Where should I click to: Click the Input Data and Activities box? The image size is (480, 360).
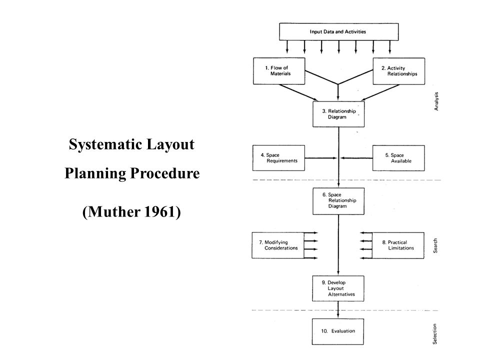coord(339,32)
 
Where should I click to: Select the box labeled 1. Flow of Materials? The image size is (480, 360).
coord(279,71)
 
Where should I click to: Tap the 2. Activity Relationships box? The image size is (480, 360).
coord(399,71)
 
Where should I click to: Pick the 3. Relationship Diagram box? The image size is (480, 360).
coord(338,114)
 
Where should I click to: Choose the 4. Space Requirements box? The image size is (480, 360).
coord(278,158)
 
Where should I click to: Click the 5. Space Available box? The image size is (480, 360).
coord(398,158)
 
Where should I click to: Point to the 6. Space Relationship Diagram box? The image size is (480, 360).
coord(338,201)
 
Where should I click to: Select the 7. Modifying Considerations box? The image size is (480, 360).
coord(278,245)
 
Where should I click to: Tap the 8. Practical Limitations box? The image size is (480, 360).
coord(398,245)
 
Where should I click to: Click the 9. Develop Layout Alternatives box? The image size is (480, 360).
coord(338,288)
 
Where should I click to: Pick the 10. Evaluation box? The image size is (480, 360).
coord(338,331)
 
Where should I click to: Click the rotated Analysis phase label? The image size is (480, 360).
coord(436,101)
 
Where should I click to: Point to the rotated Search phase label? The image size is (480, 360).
coord(435,246)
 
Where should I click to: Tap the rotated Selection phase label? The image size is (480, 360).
coord(434,334)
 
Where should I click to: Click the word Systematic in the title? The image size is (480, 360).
coord(105,144)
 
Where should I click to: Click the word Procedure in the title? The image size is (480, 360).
coord(165,173)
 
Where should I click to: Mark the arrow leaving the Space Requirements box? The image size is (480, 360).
coord(321,158)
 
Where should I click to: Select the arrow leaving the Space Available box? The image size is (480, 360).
coord(356,158)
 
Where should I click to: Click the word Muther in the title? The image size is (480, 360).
coord(114,211)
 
